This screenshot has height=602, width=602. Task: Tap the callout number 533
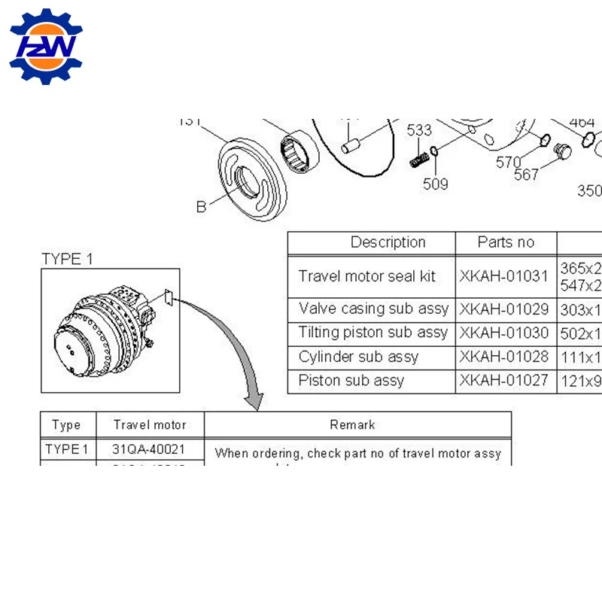point(419,129)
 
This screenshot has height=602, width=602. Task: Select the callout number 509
point(435,184)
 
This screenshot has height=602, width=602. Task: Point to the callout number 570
point(509,162)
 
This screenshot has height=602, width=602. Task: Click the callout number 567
point(527,175)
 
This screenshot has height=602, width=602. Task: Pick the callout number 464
point(582,122)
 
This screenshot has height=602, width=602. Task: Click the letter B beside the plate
point(201,206)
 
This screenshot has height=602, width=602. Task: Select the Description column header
point(388,242)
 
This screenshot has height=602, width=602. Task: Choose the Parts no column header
point(506,242)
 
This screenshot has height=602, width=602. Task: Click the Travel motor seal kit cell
point(366,276)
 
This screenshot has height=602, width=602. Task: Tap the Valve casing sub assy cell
point(373,309)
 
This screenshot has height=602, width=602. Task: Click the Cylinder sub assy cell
point(358,357)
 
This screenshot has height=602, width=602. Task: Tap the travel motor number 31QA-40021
point(148,450)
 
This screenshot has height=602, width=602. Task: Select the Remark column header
point(352,425)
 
